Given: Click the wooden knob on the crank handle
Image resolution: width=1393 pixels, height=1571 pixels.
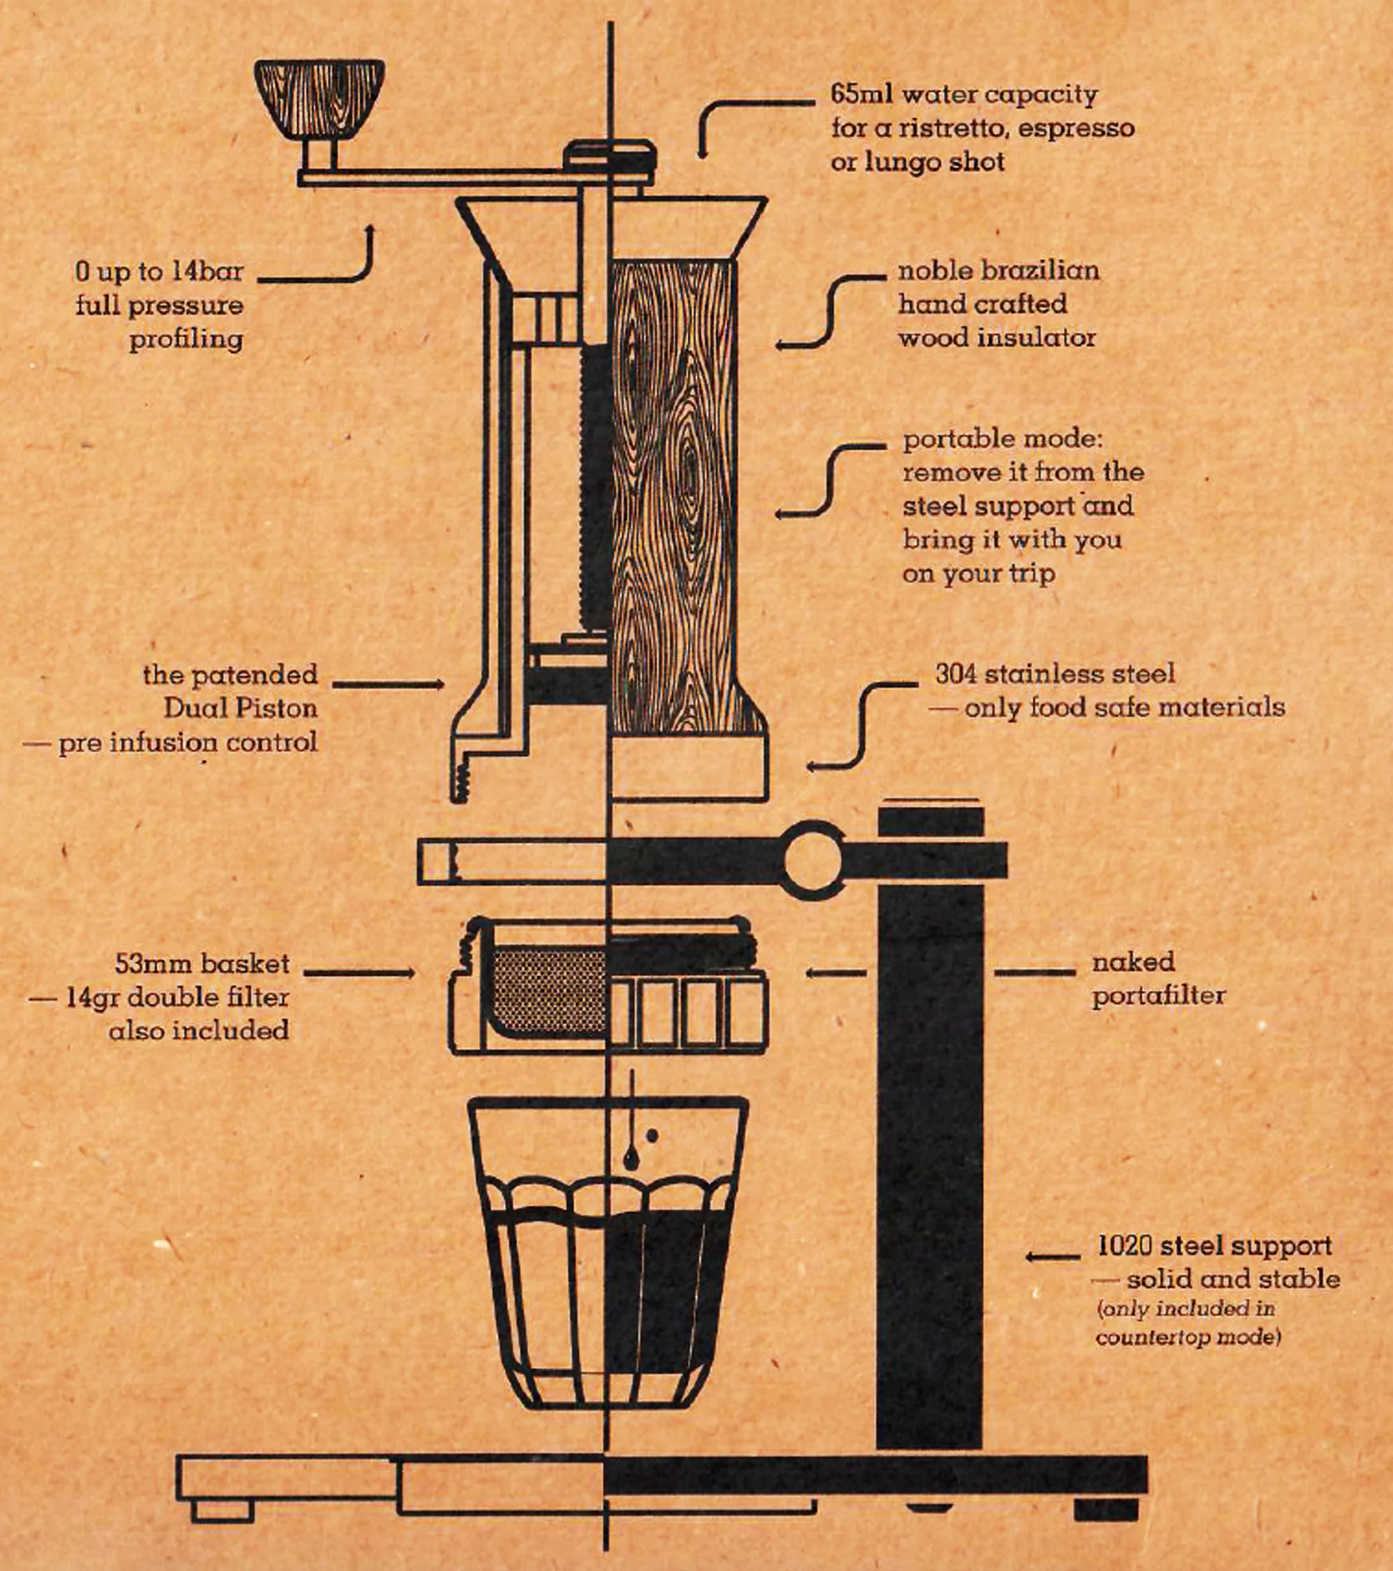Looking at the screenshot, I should tap(319, 97).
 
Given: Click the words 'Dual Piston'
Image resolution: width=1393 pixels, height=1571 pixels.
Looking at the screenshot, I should tap(241, 708).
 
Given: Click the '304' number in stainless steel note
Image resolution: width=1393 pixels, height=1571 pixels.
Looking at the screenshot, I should tap(955, 674).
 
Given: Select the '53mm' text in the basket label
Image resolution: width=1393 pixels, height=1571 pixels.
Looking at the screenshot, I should tap(147, 964).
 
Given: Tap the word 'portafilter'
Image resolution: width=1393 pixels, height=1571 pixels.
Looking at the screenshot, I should tap(1158, 996).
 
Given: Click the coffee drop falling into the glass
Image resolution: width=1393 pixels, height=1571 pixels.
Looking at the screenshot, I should tap(631, 1157).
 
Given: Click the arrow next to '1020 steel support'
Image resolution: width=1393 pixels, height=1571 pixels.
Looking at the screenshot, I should tap(1051, 1257).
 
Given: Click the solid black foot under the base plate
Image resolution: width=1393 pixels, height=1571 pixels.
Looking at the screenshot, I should tap(1105, 1510).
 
